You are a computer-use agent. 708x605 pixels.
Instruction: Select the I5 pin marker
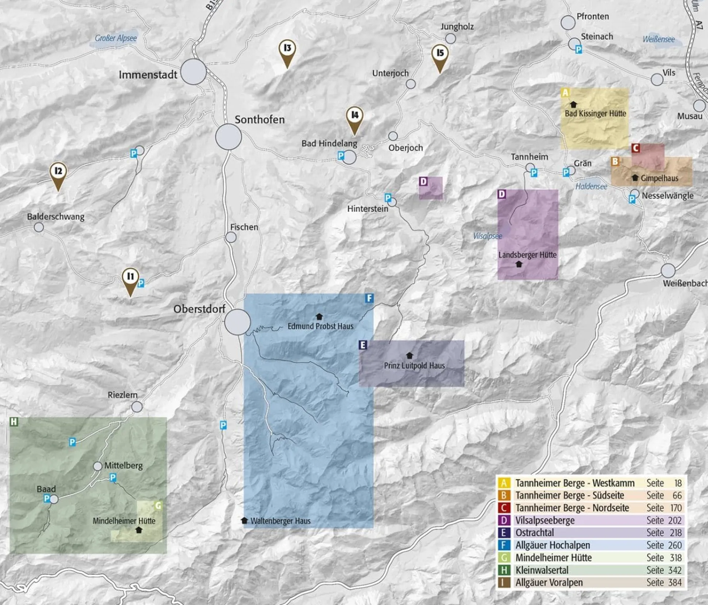click(440, 54)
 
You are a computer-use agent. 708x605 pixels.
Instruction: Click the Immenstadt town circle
click(193, 72)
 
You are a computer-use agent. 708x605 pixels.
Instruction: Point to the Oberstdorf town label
click(199, 309)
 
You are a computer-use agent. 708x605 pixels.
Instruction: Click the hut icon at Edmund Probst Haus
click(319, 316)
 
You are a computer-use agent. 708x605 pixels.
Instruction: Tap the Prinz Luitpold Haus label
click(414, 365)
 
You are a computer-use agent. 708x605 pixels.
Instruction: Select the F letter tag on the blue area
click(369, 298)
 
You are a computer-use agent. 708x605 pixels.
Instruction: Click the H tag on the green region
click(14, 422)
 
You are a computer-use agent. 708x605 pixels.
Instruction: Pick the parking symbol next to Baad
click(47, 498)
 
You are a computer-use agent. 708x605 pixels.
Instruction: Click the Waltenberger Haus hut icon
click(245, 520)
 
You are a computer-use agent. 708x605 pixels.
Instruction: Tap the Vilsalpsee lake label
click(488, 236)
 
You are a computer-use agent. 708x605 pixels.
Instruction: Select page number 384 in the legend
click(675, 582)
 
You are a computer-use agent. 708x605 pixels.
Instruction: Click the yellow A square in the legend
click(504, 483)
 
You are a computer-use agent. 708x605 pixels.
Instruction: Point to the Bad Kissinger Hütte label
click(595, 114)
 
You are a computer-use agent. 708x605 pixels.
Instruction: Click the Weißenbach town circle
click(668, 271)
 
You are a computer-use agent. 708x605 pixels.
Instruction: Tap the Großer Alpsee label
click(116, 38)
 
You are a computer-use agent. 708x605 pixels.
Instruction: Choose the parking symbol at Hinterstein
click(388, 198)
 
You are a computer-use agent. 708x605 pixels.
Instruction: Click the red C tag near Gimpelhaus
click(636, 148)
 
